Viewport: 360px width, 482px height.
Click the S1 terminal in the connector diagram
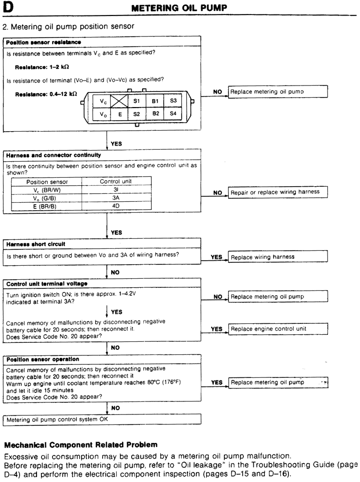(136, 101)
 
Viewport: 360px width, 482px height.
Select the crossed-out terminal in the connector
(119, 101)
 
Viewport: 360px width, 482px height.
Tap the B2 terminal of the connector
(155, 114)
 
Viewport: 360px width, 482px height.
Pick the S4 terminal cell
(173, 114)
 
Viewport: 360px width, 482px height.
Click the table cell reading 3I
(116, 190)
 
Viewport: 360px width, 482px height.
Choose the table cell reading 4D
(116, 205)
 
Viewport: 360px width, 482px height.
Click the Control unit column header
(116, 182)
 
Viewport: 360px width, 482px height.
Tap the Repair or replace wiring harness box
(278, 192)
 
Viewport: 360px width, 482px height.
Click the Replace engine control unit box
(278, 329)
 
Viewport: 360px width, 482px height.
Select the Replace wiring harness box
(278, 257)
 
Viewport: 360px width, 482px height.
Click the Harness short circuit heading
(36, 244)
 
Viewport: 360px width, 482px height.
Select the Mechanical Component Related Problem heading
(81, 444)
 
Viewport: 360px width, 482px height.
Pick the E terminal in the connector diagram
(119, 114)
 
